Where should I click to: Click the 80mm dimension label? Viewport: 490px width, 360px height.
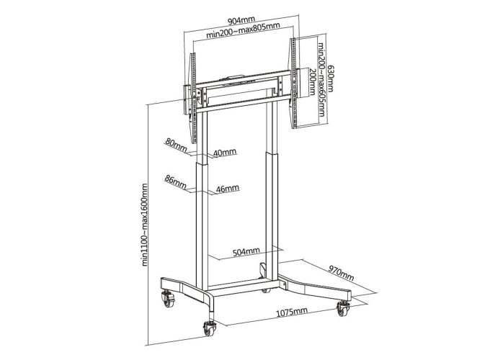pyautogui.click(x=176, y=143)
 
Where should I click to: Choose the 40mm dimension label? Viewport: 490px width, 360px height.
pyautogui.click(x=225, y=153)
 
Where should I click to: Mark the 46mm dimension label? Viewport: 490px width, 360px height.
pyautogui.click(x=227, y=189)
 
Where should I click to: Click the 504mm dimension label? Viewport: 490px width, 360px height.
pyautogui.click(x=246, y=252)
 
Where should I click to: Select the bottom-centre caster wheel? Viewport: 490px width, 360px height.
pyautogui.click(x=212, y=327)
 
